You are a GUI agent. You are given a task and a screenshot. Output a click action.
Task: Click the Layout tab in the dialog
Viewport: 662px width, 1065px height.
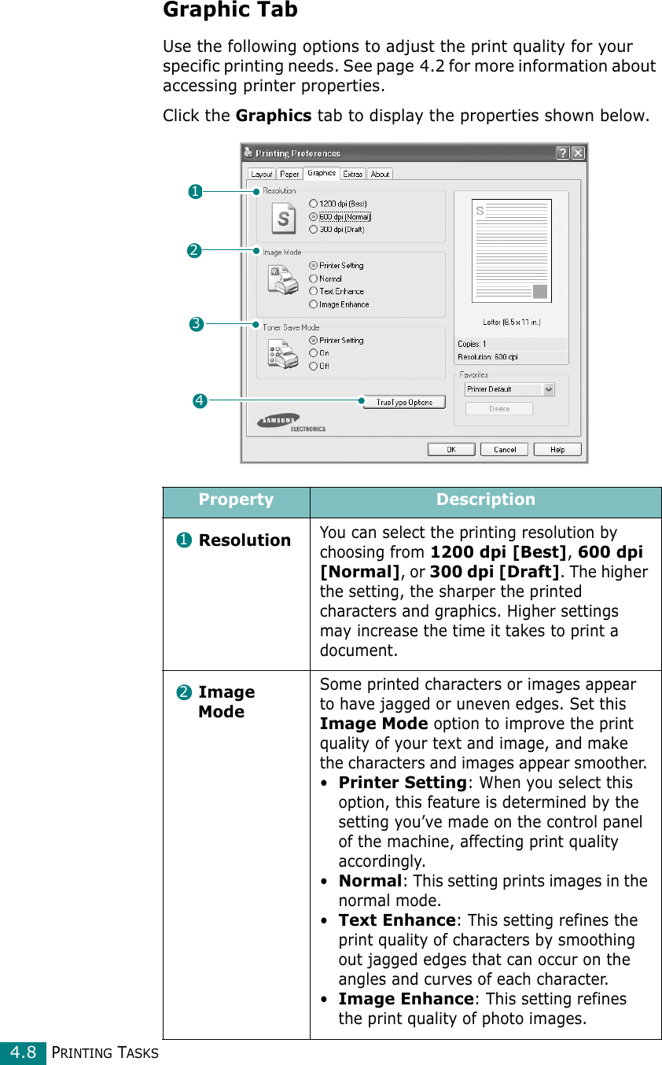click(x=262, y=174)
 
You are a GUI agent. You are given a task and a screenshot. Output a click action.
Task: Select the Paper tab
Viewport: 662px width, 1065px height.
click(x=289, y=174)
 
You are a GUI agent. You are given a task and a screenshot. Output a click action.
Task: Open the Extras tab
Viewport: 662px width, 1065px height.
click(x=353, y=174)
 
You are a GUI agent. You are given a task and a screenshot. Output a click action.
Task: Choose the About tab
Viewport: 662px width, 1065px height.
click(x=380, y=174)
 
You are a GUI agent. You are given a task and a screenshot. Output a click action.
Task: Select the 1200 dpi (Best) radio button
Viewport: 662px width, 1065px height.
click(x=314, y=204)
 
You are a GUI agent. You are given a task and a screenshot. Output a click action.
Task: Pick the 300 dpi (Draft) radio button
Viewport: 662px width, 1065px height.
click(x=314, y=230)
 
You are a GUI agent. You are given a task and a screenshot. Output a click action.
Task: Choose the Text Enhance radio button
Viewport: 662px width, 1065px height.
click(x=314, y=291)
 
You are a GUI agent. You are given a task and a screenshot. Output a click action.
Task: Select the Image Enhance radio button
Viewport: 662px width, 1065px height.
click(x=314, y=304)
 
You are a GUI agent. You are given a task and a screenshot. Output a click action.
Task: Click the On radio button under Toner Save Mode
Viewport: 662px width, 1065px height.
click(x=314, y=353)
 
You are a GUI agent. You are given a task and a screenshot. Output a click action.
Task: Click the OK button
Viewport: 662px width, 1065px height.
click(x=451, y=449)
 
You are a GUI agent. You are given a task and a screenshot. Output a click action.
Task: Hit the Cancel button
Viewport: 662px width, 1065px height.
click(x=505, y=449)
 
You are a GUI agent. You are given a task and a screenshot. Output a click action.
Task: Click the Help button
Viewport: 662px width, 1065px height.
click(x=557, y=449)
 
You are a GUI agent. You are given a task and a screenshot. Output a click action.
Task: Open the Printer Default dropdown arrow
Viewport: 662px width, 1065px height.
click(x=549, y=389)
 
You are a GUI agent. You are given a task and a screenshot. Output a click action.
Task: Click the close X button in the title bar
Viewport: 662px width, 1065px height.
click(x=578, y=153)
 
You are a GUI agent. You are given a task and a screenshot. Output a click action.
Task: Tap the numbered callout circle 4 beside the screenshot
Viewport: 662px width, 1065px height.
click(x=200, y=402)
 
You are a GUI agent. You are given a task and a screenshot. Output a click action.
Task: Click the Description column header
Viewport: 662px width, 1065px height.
click(x=486, y=500)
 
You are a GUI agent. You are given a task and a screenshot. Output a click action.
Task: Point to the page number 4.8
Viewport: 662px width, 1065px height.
click(x=24, y=1052)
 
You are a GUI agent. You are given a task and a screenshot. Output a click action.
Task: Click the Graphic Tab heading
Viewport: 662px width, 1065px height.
click(x=230, y=10)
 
